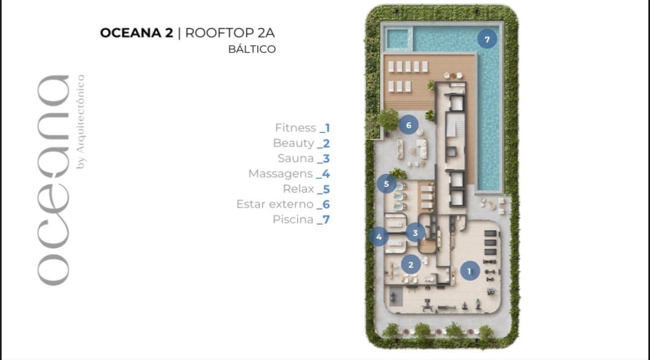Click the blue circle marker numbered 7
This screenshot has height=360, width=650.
coord(487,39)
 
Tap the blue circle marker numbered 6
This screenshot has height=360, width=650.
coord(409,125)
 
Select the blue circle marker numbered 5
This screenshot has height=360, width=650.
coord(386,184)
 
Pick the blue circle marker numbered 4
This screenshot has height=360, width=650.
coord(379,237)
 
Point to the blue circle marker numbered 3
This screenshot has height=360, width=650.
coord(415,233)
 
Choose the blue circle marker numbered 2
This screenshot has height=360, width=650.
coord(411,265)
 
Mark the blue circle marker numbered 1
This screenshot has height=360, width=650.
coord(470,271)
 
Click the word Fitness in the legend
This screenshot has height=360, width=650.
coord(295,128)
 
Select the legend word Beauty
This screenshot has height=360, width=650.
coord(293,143)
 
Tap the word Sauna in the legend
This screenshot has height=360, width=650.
coord(296,158)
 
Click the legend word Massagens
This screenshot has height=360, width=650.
coord(280,174)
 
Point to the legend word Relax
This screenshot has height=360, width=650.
coord(298,189)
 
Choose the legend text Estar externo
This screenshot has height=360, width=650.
coord(275,204)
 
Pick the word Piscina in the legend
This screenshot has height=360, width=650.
coord(293,219)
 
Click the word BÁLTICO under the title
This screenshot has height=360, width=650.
coord(252,49)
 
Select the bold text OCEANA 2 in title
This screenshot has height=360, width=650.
coord(137,33)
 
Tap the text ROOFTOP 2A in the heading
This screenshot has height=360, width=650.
coord(230,33)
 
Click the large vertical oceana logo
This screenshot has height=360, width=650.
coord(53,180)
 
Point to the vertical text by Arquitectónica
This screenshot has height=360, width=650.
coord(80,122)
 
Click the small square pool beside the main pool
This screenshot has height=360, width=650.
coord(397,38)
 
